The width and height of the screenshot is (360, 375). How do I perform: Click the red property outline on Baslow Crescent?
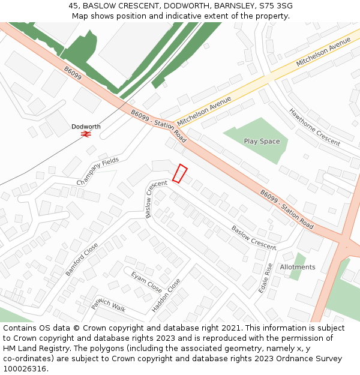click(x=180, y=173)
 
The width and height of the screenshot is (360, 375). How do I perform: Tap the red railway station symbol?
click(x=86, y=134)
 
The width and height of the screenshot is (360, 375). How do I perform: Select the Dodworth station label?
click(x=86, y=127)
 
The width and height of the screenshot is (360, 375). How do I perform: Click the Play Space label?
click(x=262, y=141)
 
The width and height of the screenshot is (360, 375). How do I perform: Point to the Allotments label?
click(x=298, y=267)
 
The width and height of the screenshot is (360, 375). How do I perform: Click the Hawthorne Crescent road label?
click(x=314, y=127)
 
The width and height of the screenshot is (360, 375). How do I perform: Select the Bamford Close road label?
click(x=82, y=259)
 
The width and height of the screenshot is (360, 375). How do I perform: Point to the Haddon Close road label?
click(x=166, y=295)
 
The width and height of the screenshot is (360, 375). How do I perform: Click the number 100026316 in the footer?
click(x=25, y=368)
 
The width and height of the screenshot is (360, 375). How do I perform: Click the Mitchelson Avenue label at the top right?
click(x=323, y=52)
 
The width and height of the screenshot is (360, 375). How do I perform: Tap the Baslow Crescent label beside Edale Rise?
click(x=254, y=238)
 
